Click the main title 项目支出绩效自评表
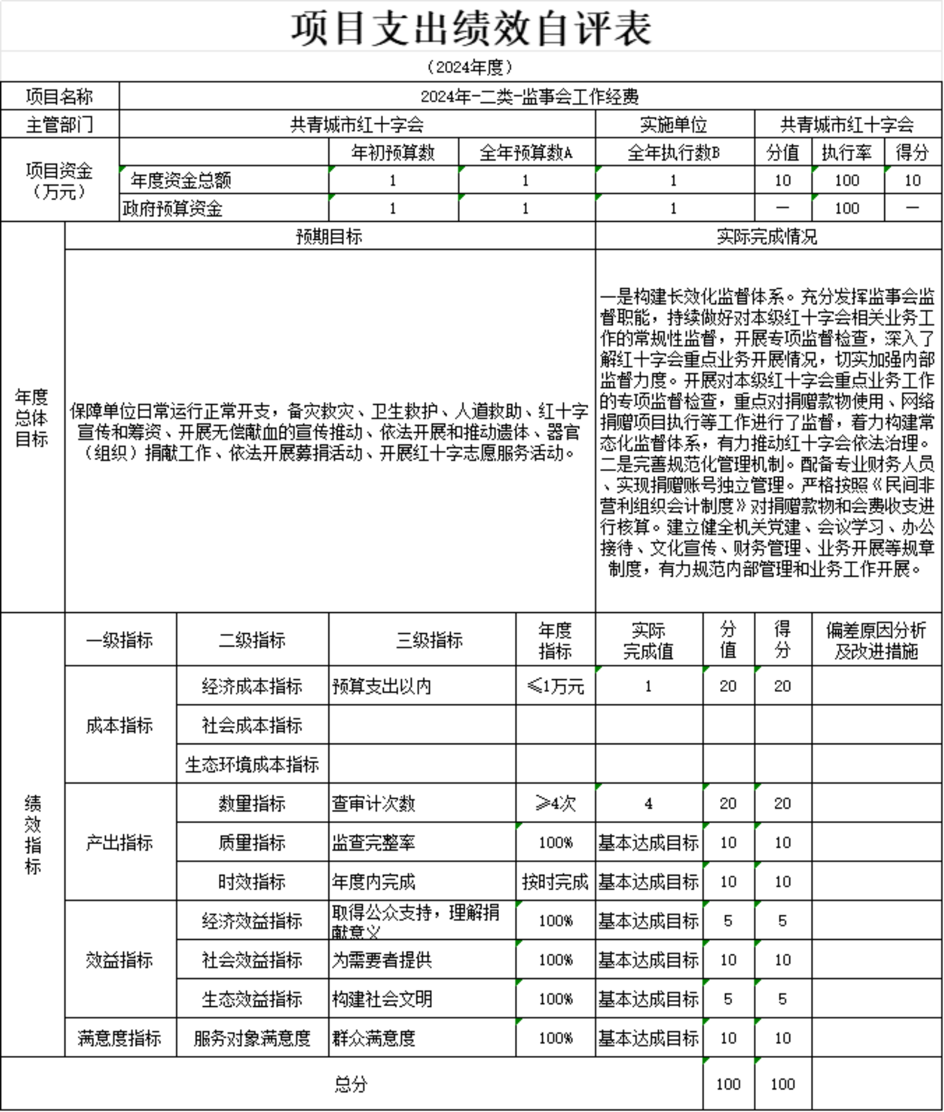tap(471, 28)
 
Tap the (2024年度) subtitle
tap(470, 67)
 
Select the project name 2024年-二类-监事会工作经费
tap(530, 97)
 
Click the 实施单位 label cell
tap(674, 125)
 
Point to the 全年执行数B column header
tap(674, 152)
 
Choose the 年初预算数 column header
tap(393, 152)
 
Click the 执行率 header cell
tap(847, 152)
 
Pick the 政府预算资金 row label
tap(173, 209)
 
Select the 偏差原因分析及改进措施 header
tap(876, 640)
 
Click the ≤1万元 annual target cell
tap(555, 686)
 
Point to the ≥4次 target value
tap(555, 803)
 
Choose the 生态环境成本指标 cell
tap(252, 765)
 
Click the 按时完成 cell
tap(555, 882)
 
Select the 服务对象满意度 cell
tap(252, 1038)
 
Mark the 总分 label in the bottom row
tap(351, 1084)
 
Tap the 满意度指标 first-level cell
tap(120, 1038)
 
